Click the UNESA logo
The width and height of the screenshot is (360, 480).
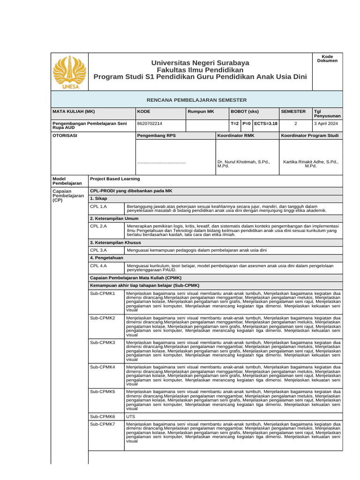[x=69, y=72]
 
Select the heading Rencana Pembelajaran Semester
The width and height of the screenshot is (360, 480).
[x=196, y=100]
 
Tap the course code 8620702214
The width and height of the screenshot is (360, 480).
[x=150, y=124]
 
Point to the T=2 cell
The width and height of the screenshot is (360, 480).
[x=234, y=124]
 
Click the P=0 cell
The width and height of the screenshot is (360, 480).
[x=247, y=124]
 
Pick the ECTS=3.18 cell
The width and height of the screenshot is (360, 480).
[x=266, y=124]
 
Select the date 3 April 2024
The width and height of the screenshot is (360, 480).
[x=327, y=124]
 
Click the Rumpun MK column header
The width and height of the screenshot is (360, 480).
[x=201, y=112]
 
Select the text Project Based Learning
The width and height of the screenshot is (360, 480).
[x=115, y=179]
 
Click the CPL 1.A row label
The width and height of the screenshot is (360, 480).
[x=98, y=206]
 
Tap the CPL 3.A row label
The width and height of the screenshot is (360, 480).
[x=98, y=250]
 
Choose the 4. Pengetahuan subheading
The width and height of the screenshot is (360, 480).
[x=106, y=258]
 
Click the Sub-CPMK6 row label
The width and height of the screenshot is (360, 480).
[x=102, y=416]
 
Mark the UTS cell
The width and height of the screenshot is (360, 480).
[x=131, y=416]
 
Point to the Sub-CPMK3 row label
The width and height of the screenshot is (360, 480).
[x=102, y=343]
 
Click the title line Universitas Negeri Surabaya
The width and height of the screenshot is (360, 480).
[x=200, y=63]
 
